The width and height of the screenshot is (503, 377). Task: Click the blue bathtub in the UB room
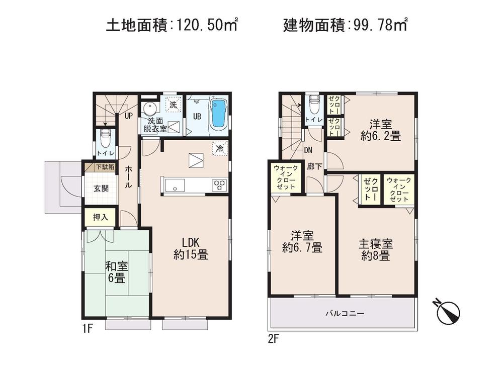click(x=218, y=114)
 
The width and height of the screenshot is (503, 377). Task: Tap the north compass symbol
click(x=448, y=312)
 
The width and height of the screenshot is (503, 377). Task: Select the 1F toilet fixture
click(x=106, y=137)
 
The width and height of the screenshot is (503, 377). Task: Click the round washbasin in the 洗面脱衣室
click(x=149, y=109)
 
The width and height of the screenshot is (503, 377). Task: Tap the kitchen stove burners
click(x=219, y=185)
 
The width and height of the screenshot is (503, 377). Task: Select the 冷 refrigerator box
click(x=220, y=148)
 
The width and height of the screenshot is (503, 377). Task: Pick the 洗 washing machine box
click(x=173, y=106)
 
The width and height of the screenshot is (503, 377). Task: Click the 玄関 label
click(x=101, y=189)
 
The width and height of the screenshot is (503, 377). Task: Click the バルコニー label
click(x=344, y=313)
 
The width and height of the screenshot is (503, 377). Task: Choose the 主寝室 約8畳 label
click(x=375, y=249)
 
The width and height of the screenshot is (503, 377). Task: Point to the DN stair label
click(x=309, y=149)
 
